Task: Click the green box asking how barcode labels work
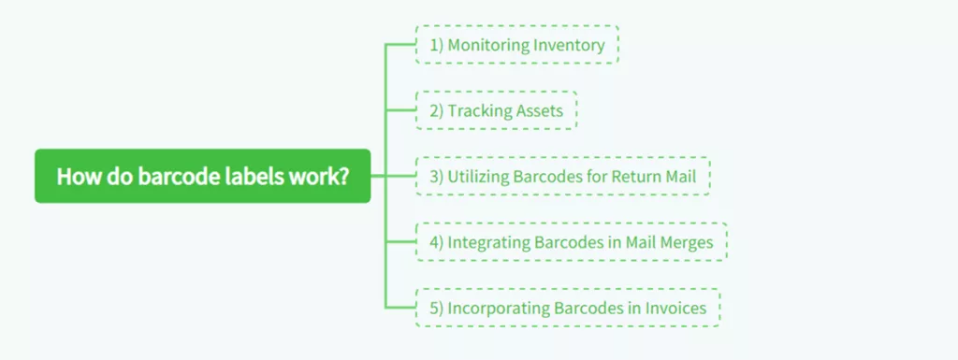point(202,176)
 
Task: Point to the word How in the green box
point(74,176)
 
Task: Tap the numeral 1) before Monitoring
point(435,45)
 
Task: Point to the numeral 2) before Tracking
point(435,110)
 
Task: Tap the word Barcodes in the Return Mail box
point(552,176)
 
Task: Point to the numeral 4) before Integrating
point(435,242)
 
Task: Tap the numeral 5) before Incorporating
point(435,308)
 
